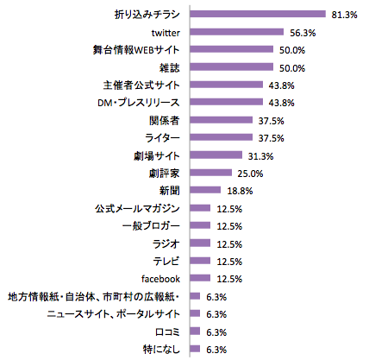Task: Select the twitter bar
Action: click(x=235, y=32)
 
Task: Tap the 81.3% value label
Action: click(x=342, y=15)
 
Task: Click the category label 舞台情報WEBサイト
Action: click(x=137, y=49)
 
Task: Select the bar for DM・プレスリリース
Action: click(x=225, y=102)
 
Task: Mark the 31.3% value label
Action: click(x=260, y=155)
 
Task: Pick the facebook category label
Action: click(x=159, y=278)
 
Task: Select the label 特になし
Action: click(x=159, y=349)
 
